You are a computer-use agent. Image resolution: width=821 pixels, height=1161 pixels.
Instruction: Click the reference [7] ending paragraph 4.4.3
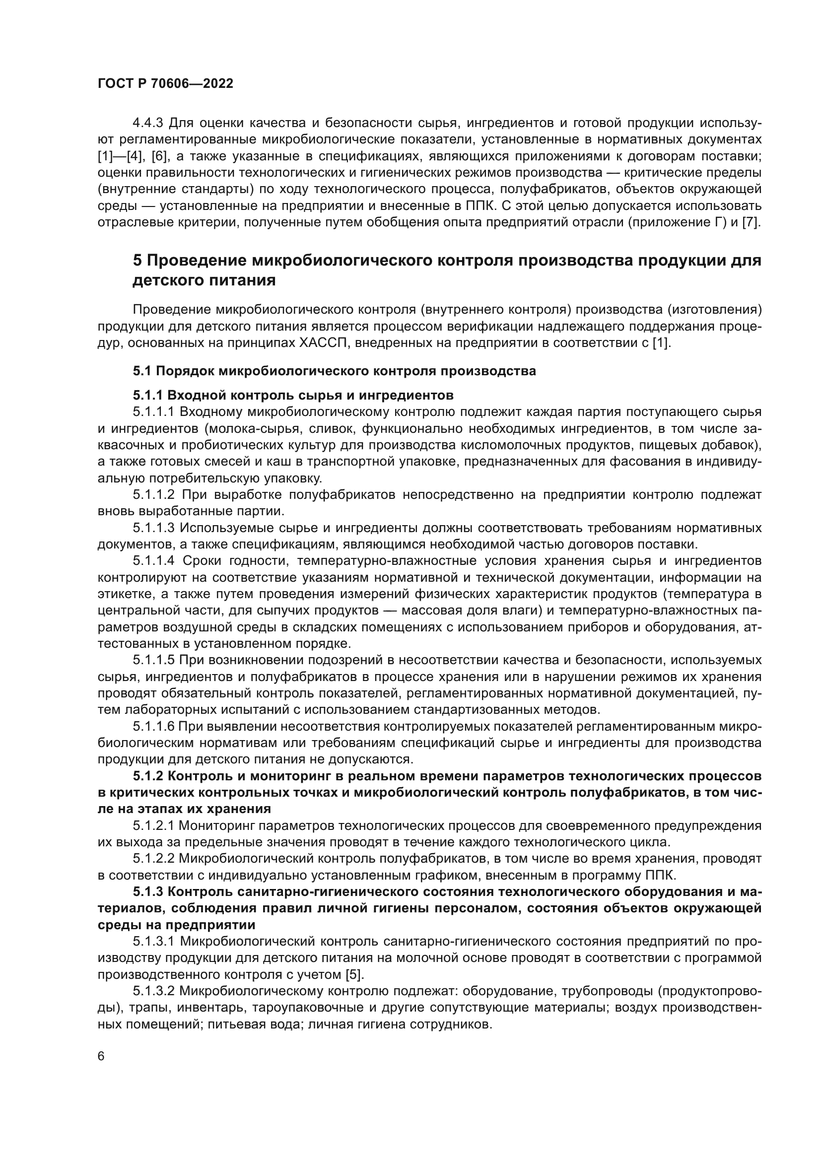click(752, 222)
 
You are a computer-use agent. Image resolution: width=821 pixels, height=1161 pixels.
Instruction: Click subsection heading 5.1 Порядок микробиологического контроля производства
click(334, 371)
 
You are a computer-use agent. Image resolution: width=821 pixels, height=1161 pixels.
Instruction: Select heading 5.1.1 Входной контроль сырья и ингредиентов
click(293, 395)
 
